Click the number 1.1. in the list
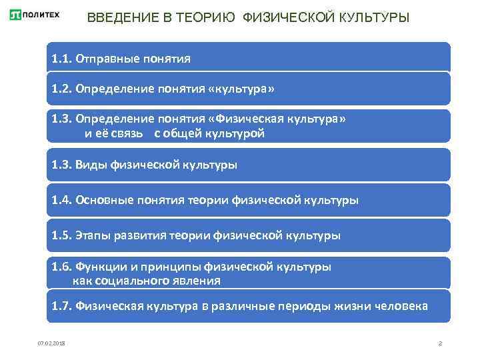point(62,59)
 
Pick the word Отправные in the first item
point(102,59)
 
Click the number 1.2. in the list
point(62,89)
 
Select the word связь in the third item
point(133,133)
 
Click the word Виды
point(91,164)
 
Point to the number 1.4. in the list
point(62,199)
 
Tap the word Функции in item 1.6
point(101,267)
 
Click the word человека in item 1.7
point(403,307)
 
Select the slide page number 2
point(441,343)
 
